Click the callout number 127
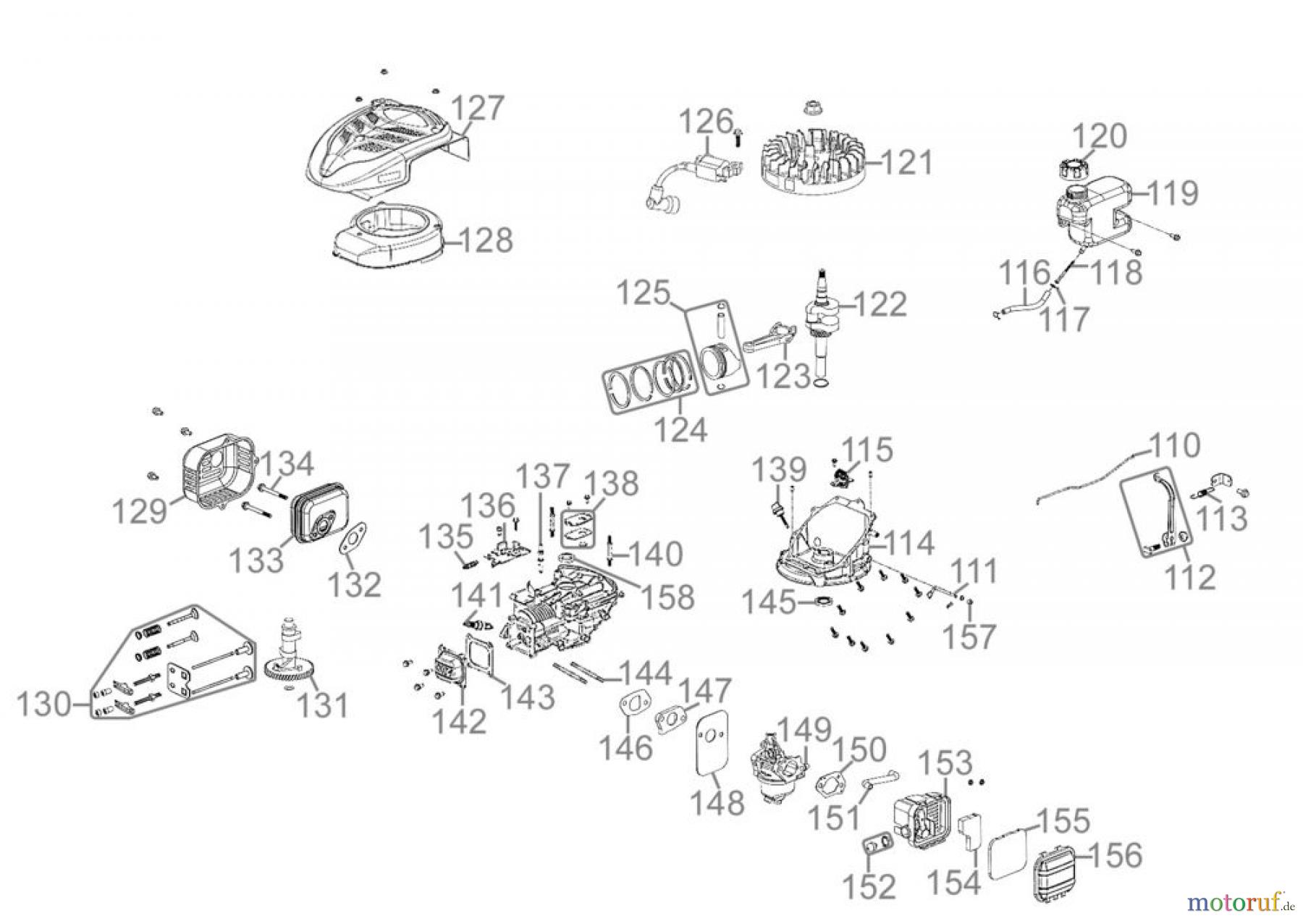pos(477,109)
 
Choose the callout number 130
pos(44,704)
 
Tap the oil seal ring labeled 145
pos(824,602)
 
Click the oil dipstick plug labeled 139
pos(780,510)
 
